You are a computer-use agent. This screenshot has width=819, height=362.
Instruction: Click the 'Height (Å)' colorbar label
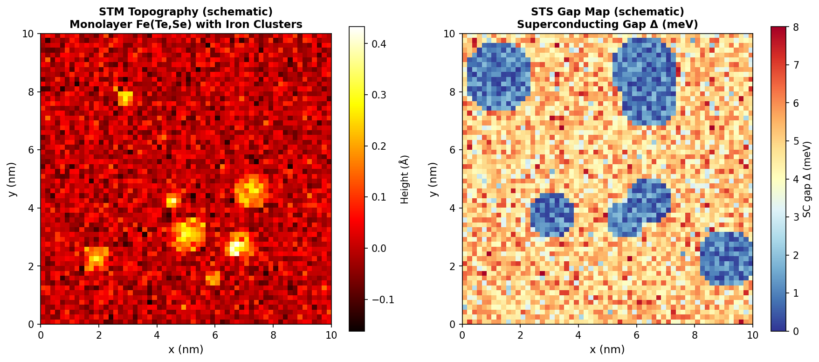pos(404,180)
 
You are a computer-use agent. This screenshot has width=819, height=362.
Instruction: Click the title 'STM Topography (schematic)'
pos(186,12)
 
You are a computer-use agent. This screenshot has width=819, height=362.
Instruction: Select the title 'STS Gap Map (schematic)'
pos(607,12)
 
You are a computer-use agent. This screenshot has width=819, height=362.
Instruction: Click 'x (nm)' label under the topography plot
pos(186,349)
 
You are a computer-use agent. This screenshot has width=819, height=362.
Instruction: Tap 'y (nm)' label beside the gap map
pos(434,180)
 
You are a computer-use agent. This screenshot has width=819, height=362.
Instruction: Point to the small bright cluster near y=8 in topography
pos(125,98)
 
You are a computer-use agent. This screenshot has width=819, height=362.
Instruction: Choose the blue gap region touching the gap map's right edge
pos(727,259)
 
